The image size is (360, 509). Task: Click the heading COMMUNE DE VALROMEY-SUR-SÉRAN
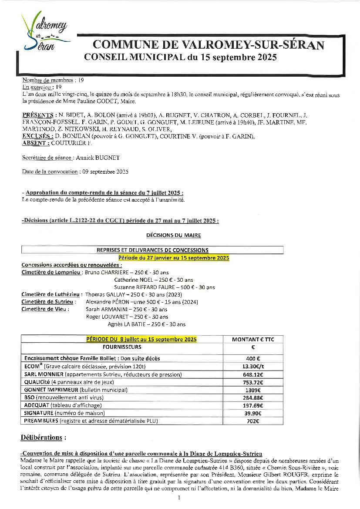click(x=209, y=45)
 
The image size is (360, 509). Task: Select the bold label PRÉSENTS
click(x=34, y=115)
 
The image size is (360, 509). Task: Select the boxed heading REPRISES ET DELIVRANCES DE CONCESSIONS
click(x=152, y=250)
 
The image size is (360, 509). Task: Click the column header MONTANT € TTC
click(x=253, y=339)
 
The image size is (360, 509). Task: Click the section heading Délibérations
click(x=44, y=437)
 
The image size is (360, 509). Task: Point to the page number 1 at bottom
click(x=180, y=498)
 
